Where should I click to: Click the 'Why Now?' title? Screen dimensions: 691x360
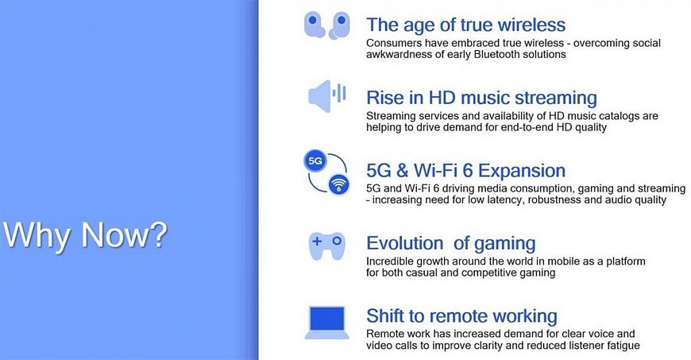click(85, 235)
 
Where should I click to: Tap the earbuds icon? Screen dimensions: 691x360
click(327, 25)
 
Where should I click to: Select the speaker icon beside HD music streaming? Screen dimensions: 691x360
click(327, 96)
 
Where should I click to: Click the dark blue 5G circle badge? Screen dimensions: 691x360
click(315, 161)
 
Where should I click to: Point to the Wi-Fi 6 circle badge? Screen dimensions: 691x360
click(338, 184)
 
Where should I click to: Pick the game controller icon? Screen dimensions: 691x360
click(326, 246)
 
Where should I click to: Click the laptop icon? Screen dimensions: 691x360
click(326, 323)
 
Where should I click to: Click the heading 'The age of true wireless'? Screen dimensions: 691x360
click(465, 25)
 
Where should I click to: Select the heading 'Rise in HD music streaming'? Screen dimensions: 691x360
click(481, 98)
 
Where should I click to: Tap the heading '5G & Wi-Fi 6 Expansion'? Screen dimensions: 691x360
click(465, 171)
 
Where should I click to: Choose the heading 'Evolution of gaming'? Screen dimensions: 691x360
click(451, 243)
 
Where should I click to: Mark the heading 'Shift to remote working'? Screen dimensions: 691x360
click(461, 316)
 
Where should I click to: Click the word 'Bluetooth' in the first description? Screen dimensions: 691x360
click(496, 55)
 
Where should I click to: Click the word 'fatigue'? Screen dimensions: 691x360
click(623, 346)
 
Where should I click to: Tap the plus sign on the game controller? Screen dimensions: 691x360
click(317, 241)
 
